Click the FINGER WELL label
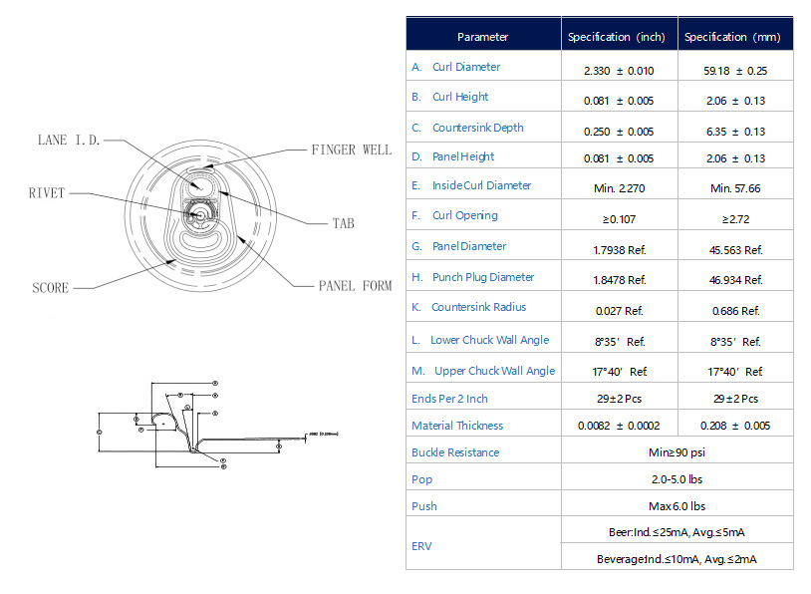click(351, 150)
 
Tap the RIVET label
click(46, 193)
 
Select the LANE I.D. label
click(68, 141)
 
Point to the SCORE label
click(51, 288)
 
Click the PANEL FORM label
click(355, 286)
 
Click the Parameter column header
click(482, 37)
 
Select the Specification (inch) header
click(616, 37)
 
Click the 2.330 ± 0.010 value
click(619, 72)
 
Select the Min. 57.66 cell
click(735, 187)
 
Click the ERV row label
click(421, 545)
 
